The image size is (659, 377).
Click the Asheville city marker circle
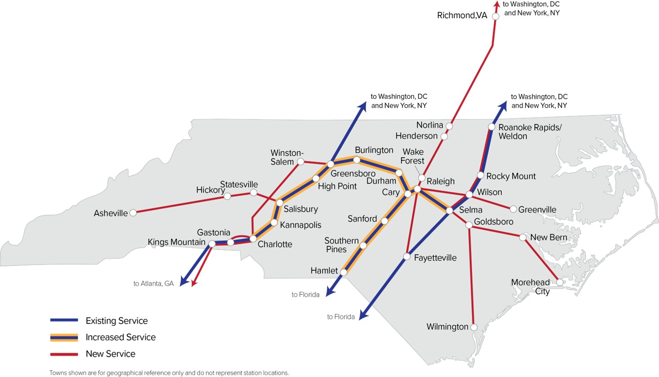[x=133, y=213]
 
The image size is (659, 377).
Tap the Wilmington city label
[x=447, y=327]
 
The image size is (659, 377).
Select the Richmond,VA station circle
[x=496, y=16]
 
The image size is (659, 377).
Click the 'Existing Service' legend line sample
[x=64, y=320]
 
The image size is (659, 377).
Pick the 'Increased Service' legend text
[x=120, y=337]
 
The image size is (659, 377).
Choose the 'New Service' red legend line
[x=64, y=354]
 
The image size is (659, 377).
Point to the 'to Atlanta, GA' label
[x=153, y=284]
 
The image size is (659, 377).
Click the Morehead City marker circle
[x=560, y=282]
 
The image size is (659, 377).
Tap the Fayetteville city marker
[x=406, y=257]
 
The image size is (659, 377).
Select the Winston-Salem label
[x=287, y=158]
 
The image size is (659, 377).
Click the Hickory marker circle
[x=227, y=196]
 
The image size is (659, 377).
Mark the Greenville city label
[x=537, y=210]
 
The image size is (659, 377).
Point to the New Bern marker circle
[x=523, y=237]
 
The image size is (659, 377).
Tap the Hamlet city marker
[x=344, y=272]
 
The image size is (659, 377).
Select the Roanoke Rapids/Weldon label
[x=529, y=132]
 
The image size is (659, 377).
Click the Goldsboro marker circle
[x=468, y=225]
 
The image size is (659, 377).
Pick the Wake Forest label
[x=413, y=156]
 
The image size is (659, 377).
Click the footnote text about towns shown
[x=169, y=373]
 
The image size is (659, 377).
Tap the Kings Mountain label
[x=176, y=242]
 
